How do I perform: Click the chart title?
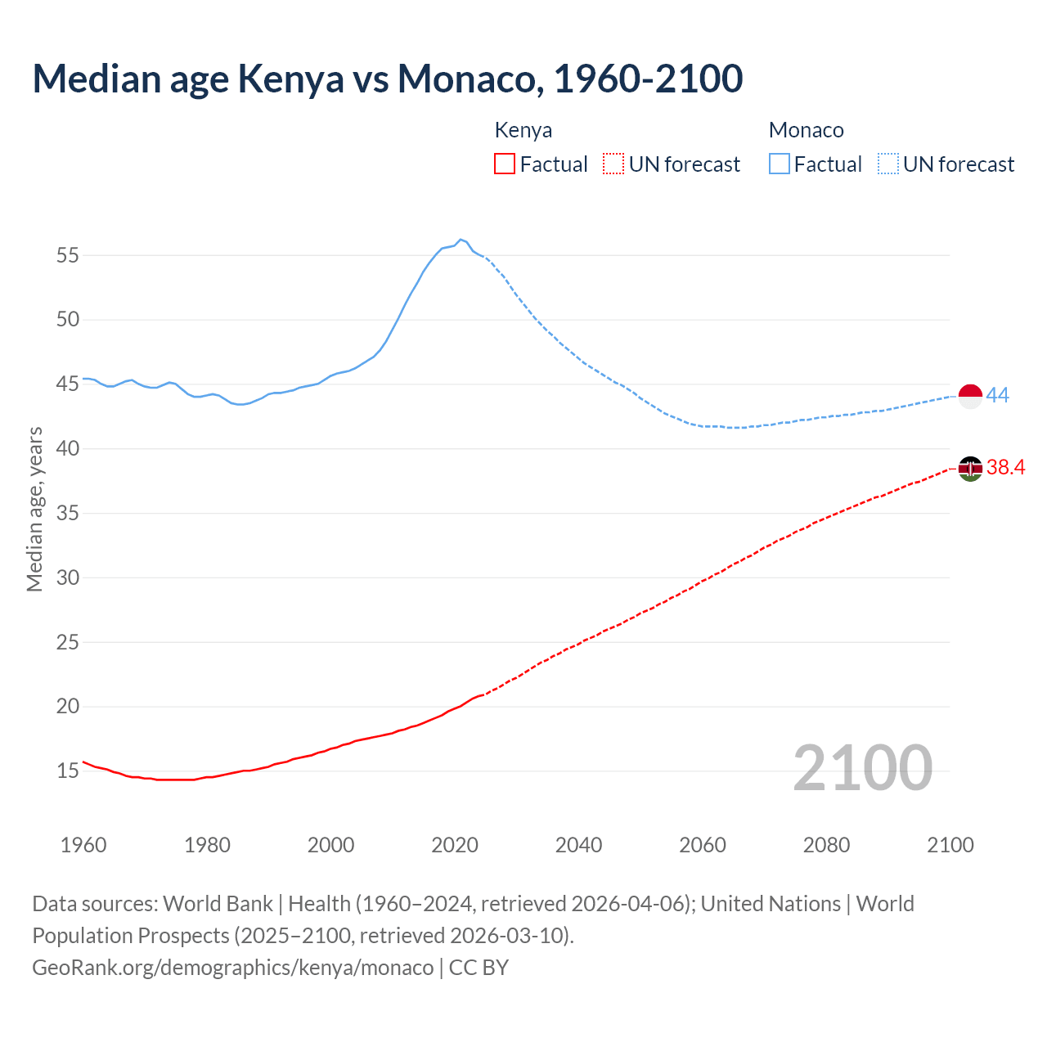pyautogui.click(x=387, y=79)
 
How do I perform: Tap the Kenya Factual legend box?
pyautogui.click(x=505, y=164)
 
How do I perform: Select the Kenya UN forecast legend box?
pyautogui.click(x=613, y=164)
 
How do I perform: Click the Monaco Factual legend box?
pyautogui.click(x=779, y=164)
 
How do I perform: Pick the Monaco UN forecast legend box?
pyautogui.click(x=887, y=164)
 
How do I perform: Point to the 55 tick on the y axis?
pyautogui.click(x=68, y=255)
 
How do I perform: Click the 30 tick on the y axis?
pyautogui.click(x=68, y=577)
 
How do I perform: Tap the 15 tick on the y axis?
pyautogui.click(x=68, y=771)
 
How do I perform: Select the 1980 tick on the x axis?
pyautogui.click(x=207, y=845)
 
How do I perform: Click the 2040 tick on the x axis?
pyautogui.click(x=578, y=845)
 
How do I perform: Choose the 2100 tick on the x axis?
pyautogui.click(x=950, y=845)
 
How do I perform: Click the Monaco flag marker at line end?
pyautogui.click(x=970, y=396)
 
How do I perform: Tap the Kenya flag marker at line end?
pyautogui.click(x=970, y=469)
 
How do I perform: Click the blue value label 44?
pyautogui.click(x=998, y=396)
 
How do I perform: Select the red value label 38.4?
pyautogui.click(x=1005, y=468)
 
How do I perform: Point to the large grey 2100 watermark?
pyautogui.click(x=862, y=767)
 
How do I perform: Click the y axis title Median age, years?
pyautogui.click(x=34, y=509)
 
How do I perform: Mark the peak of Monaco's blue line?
pyautogui.click(x=461, y=240)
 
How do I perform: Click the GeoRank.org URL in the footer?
pyautogui.click(x=233, y=968)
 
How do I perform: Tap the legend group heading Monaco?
pyautogui.click(x=806, y=130)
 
